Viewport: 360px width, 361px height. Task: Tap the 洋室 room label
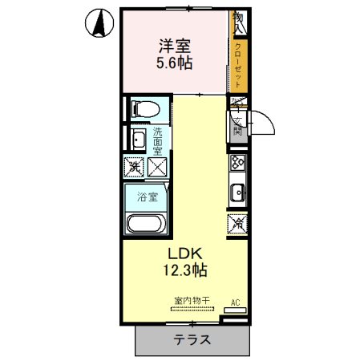click(x=174, y=46)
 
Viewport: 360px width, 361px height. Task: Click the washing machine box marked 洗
click(x=134, y=167)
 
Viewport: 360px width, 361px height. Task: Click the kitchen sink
click(x=238, y=193)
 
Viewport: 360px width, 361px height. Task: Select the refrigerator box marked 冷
click(x=238, y=225)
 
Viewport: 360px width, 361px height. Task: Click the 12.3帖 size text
click(x=187, y=270)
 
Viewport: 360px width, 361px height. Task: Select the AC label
click(x=235, y=302)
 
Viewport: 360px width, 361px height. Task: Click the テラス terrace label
click(x=192, y=339)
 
